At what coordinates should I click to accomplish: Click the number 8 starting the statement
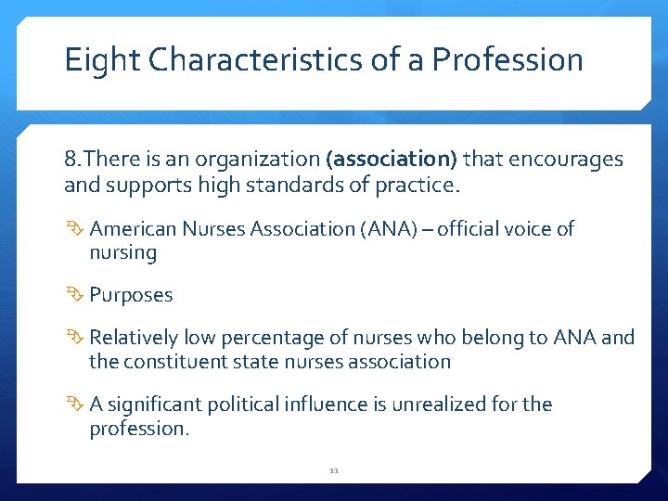coord(71,160)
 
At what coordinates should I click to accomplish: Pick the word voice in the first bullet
coord(520,228)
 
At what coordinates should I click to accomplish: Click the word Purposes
coord(131,295)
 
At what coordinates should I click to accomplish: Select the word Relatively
coord(134,338)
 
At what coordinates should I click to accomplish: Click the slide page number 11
coord(334,470)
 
